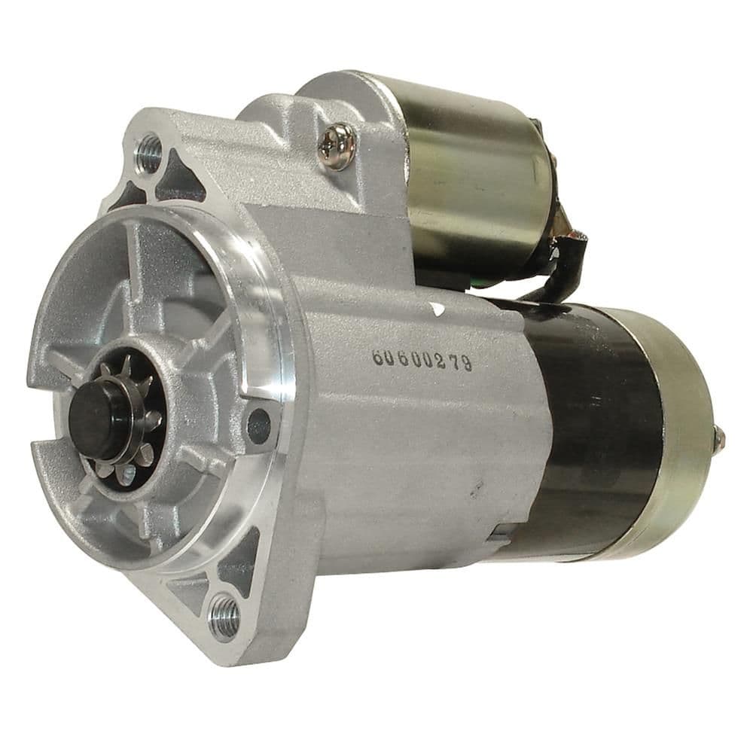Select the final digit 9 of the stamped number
[x=467, y=364]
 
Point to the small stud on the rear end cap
[x=719, y=435]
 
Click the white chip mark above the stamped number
[x=437, y=309]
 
